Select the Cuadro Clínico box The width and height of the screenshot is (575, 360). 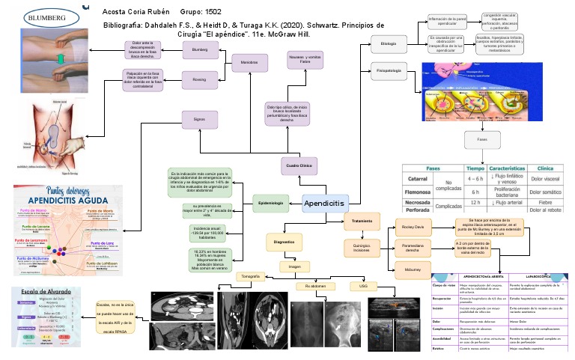click(x=299, y=165)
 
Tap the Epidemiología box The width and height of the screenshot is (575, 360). click(x=270, y=203)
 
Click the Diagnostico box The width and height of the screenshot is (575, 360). click(x=284, y=242)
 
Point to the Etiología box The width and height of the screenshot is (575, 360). click(x=388, y=44)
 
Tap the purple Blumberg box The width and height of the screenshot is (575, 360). click(x=200, y=49)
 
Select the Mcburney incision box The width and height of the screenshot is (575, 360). click(x=413, y=268)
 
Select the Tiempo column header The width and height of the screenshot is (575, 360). click(x=475, y=168)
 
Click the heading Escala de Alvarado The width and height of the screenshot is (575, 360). click(x=42, y=290)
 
